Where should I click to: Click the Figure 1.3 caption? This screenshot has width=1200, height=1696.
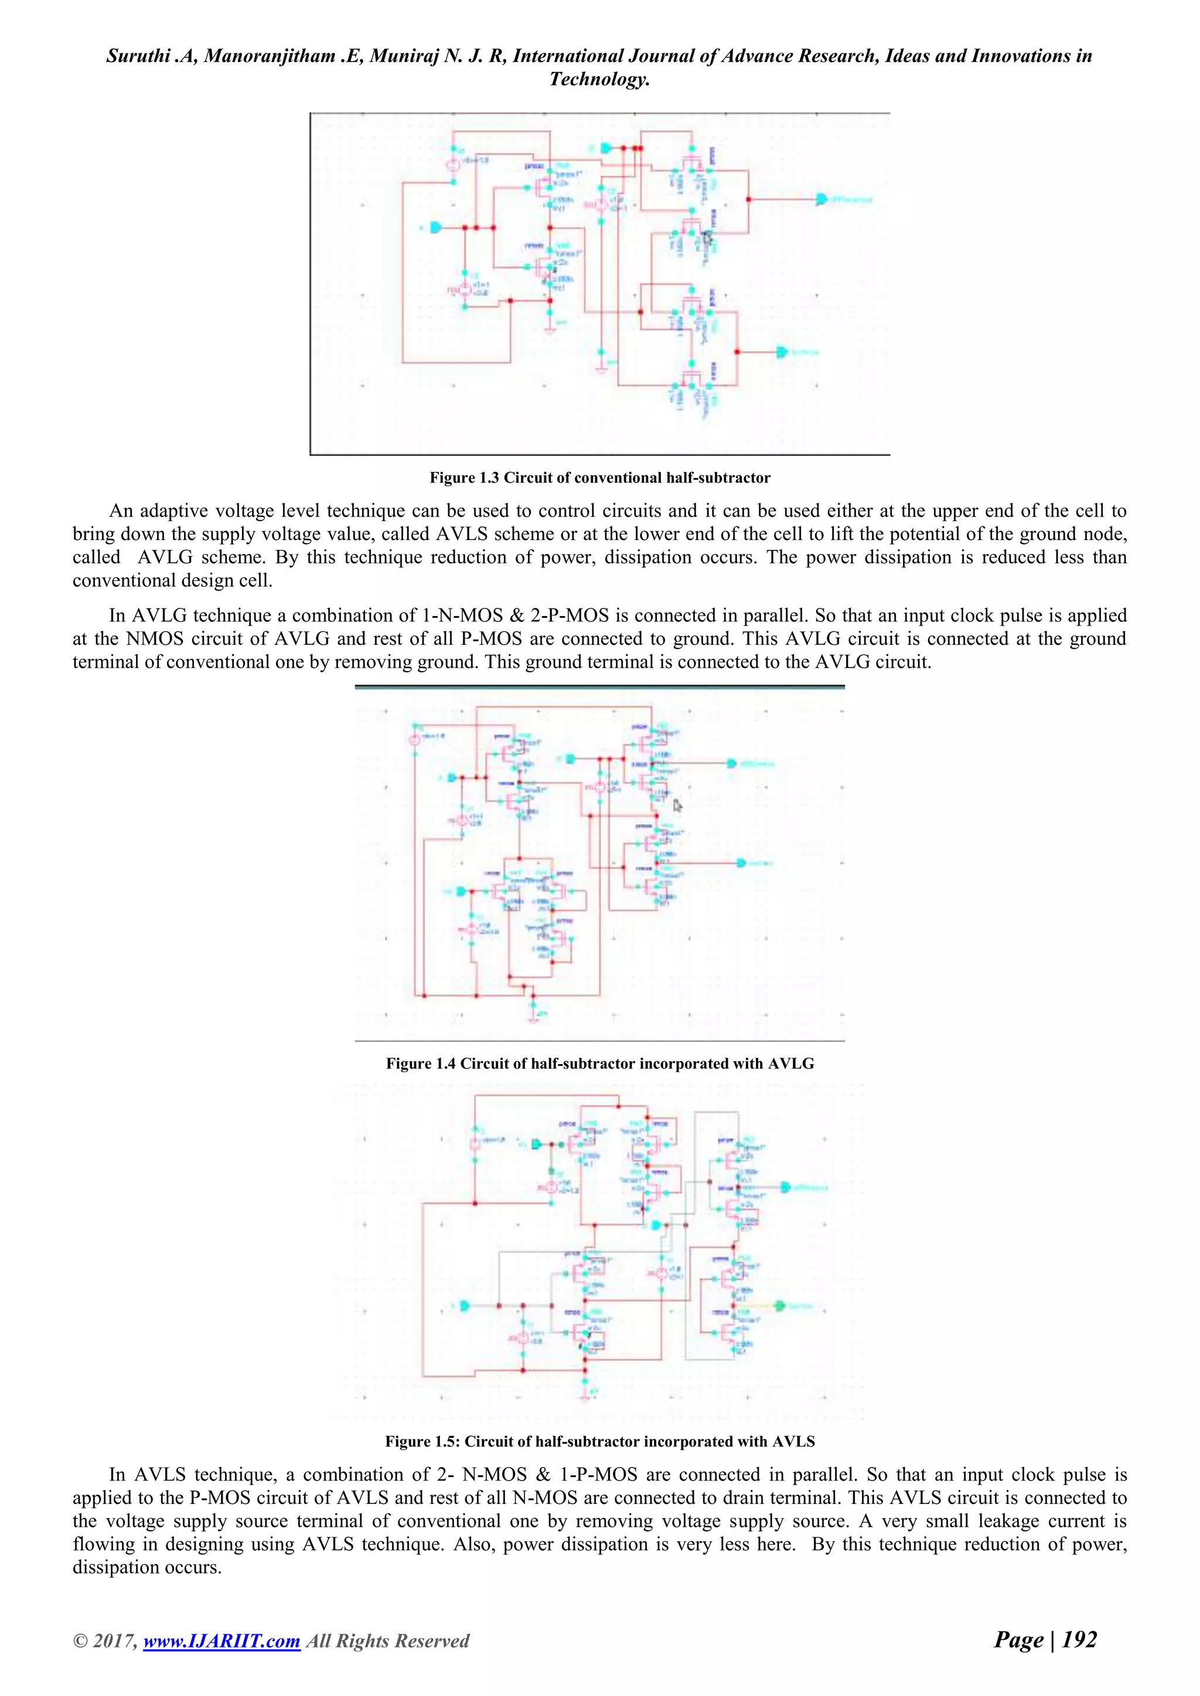600,478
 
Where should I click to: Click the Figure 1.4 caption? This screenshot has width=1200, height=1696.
600,1064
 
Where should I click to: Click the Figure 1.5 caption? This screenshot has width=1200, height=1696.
600,1441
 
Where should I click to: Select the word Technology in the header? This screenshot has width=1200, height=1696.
598,79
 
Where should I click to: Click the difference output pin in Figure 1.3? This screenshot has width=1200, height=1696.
821,200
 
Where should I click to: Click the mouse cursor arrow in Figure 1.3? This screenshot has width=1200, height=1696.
707,238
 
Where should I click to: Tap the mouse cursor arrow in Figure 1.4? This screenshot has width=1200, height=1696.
677,806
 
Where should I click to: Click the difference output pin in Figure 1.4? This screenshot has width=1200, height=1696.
731,763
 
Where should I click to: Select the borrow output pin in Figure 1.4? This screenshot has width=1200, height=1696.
741,863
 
